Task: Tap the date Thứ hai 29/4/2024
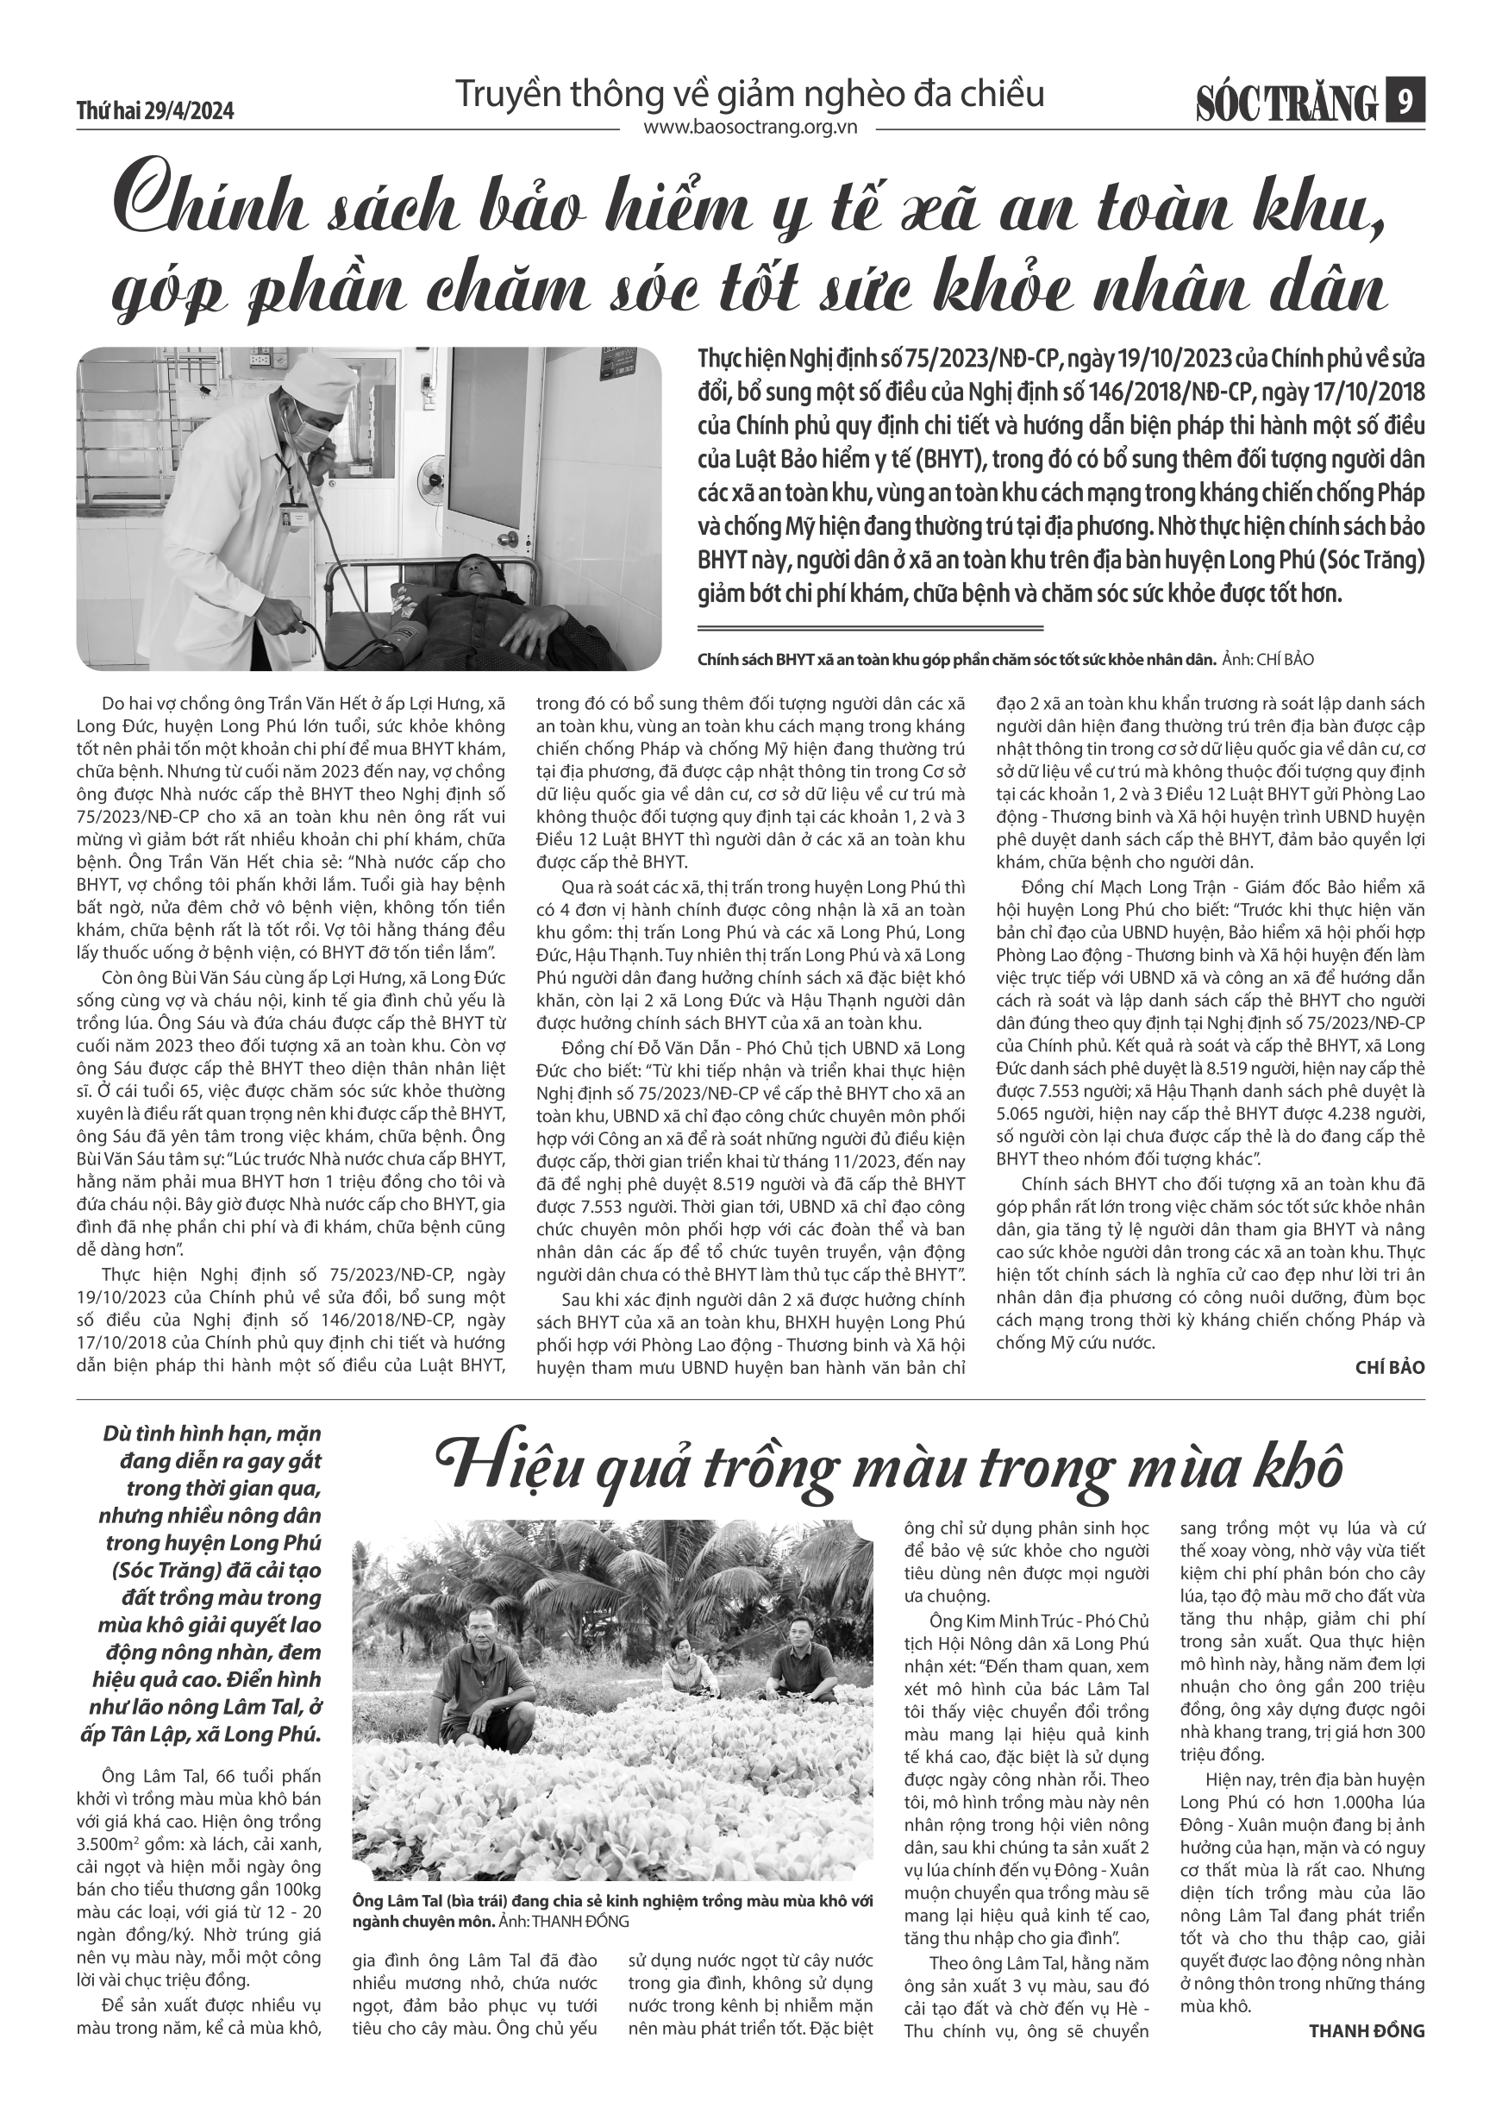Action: click(155, 111)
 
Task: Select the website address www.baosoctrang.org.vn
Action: click(750, 129)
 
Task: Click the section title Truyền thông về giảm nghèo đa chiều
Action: click(750, 94)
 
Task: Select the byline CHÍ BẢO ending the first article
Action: click(1390, 1367)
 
